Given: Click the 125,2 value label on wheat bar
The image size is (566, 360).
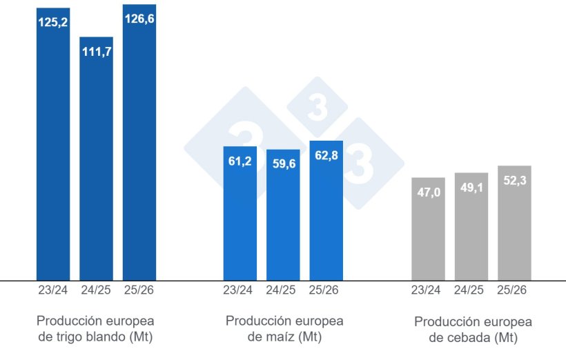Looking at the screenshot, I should tap(53, 23).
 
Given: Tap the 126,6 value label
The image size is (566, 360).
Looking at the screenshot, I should tap(139, 19).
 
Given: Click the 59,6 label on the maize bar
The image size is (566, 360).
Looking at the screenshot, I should tap(283, 164).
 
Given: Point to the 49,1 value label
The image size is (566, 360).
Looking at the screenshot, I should tap(471, 188).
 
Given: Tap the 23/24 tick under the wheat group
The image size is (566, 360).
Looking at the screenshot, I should tap(53, 290).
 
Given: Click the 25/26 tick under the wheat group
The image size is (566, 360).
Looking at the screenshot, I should tap(139, 290).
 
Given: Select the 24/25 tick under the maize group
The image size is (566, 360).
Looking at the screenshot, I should tap(283, 290).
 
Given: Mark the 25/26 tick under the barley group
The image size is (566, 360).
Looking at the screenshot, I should tap(514, 290).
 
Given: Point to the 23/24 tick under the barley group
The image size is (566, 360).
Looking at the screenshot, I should tap(428, 290).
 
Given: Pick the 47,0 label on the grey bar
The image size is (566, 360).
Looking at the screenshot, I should tap(428, 192).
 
